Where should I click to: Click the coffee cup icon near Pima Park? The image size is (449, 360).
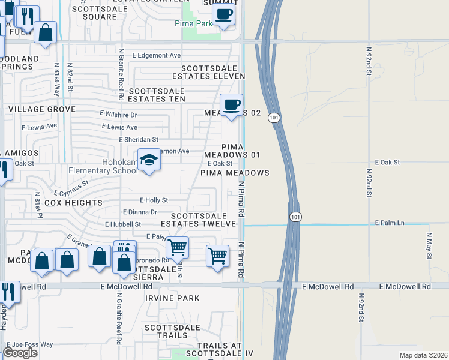(x=223, y=14)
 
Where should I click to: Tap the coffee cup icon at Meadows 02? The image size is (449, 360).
(x=231, y=106)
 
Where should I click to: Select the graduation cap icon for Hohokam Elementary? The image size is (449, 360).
(x=149, y=160)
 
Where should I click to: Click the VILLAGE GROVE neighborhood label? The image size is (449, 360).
(x=42, y=109)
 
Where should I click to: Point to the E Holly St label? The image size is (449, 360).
(x=154, y=200)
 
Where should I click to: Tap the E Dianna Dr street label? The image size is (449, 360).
(x=140, y=212)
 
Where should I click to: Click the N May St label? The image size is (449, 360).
(x=429, y=247)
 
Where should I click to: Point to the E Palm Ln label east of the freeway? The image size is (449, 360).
(x=390, y=223)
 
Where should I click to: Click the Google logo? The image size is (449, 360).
(x=20, y=353)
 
